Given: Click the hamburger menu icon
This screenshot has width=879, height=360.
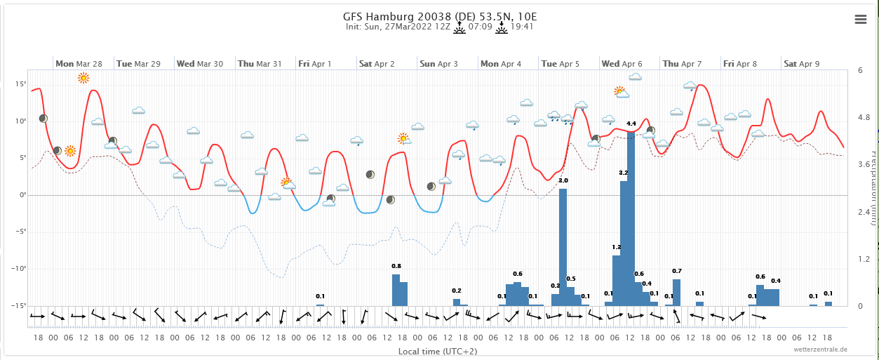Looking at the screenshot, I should (x=861, y=20).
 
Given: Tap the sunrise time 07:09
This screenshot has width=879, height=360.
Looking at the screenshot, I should (x=480, y=27).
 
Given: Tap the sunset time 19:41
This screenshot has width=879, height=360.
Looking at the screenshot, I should (x=523, y=27).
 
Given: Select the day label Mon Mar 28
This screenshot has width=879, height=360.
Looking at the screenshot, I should (x=79, y=64).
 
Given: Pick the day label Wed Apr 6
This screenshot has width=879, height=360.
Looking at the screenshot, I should (x=622, y=64).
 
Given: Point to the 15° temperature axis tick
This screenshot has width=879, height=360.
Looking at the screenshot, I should (x=20, y=84).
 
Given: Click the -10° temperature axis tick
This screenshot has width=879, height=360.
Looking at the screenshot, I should (x=19, y=269).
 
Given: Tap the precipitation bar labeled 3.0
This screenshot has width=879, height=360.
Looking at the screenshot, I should (x=563, y=246).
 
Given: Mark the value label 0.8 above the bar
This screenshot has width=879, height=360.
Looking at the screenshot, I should (x=396, y=266).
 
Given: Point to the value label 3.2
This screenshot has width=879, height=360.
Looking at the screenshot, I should (x=624, y=173).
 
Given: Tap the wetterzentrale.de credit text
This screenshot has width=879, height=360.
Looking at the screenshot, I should (x=820, y=349).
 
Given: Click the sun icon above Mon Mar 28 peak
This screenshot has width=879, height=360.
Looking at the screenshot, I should (x=83, y=78).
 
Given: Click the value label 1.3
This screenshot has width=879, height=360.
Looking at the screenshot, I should (x=617, y=247).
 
